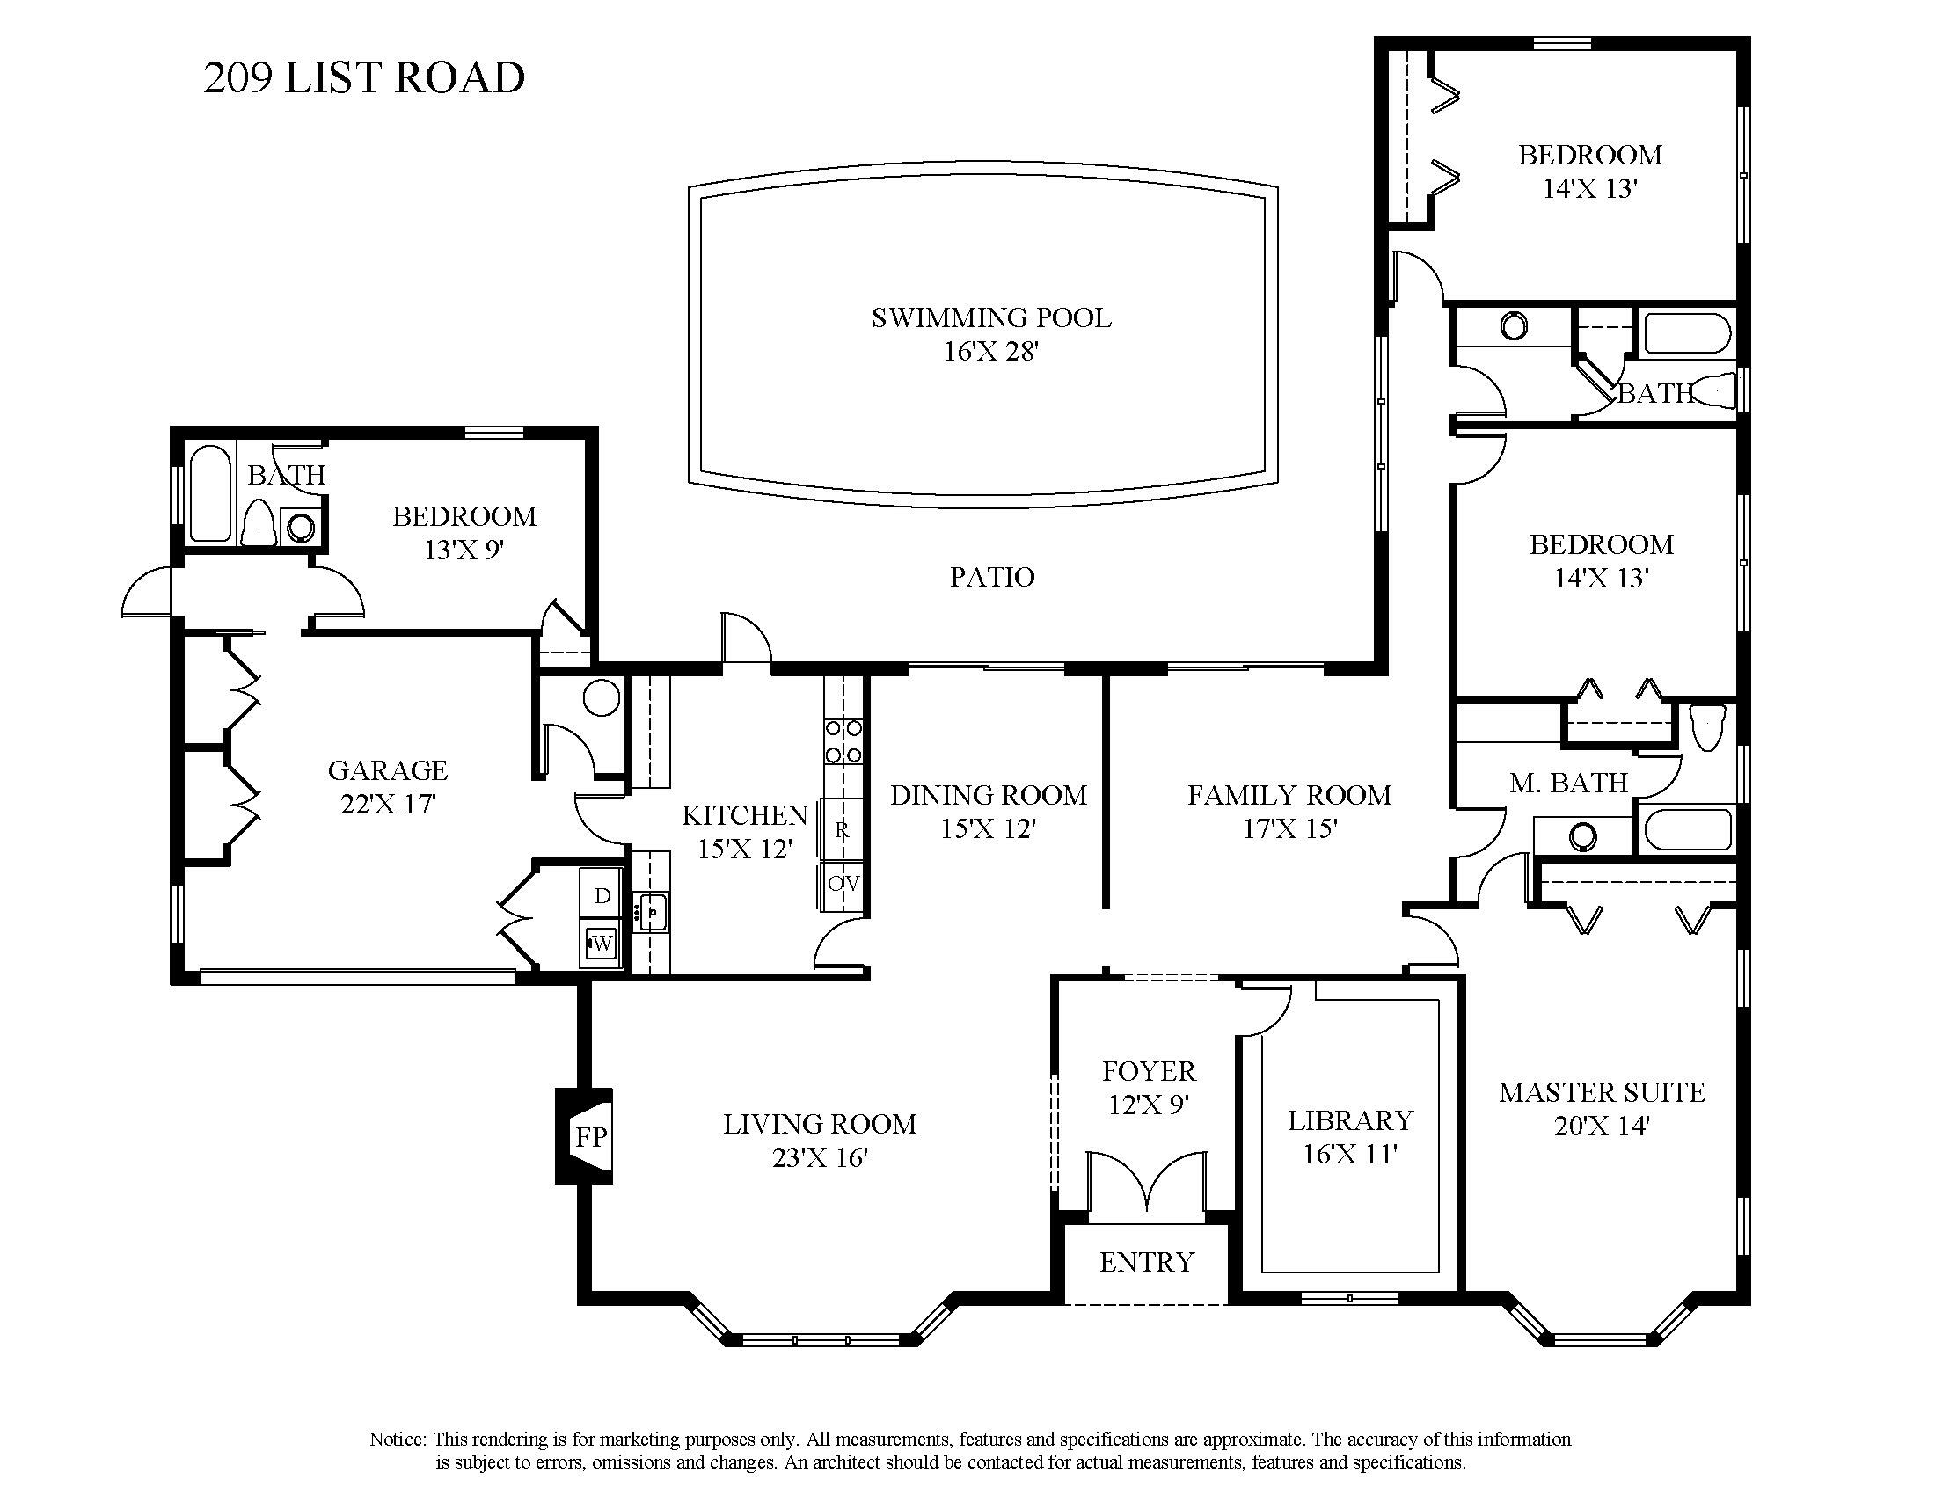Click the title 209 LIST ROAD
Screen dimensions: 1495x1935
click(x=363, y=78)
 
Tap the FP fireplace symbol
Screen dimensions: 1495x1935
click(x=590, y=1136)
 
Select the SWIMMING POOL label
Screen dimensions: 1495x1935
click(x=990, y=317)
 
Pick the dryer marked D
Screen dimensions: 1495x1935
click(x=602, y=895)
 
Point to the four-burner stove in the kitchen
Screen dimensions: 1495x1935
click(x=843, y=741)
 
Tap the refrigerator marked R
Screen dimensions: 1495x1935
click(x=841, y=830)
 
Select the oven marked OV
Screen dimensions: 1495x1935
click(x=842, y=884)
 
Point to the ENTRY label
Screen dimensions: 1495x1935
click(x=1146, y=1262)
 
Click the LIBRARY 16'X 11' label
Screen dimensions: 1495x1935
click(x=1349, y=1137)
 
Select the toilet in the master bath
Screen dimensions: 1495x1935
click(x=1705, y=728)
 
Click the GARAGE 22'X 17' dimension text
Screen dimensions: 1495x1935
click(x=387, y=804)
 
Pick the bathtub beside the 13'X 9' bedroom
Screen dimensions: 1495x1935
click(x=210, y=493)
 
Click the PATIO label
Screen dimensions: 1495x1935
click(x=991, y=578)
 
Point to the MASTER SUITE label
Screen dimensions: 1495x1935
click(x=1601, y=1093)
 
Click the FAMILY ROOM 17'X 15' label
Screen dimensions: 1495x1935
click(x=1289, y=812)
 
